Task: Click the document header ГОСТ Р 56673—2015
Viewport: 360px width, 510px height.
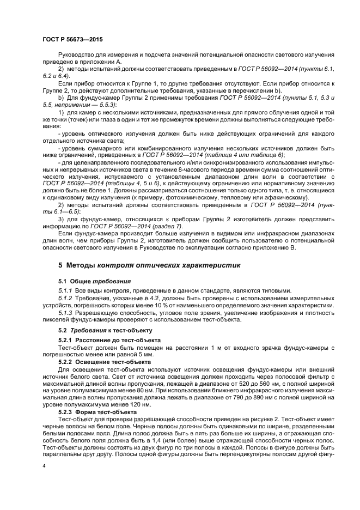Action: [x=72, y=40]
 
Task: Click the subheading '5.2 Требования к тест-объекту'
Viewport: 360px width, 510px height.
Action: [x=97, y=330]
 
